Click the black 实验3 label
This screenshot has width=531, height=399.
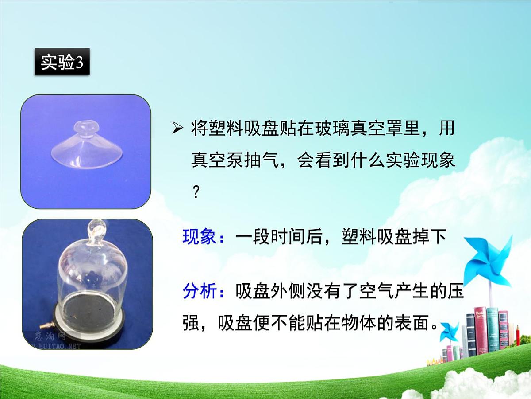[x=62, y=62]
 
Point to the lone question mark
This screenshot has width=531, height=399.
[x=196, y=192]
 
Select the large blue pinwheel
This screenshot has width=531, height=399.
[x=489, y=262]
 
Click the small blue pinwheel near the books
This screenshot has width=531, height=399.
[x=450, y=331]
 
